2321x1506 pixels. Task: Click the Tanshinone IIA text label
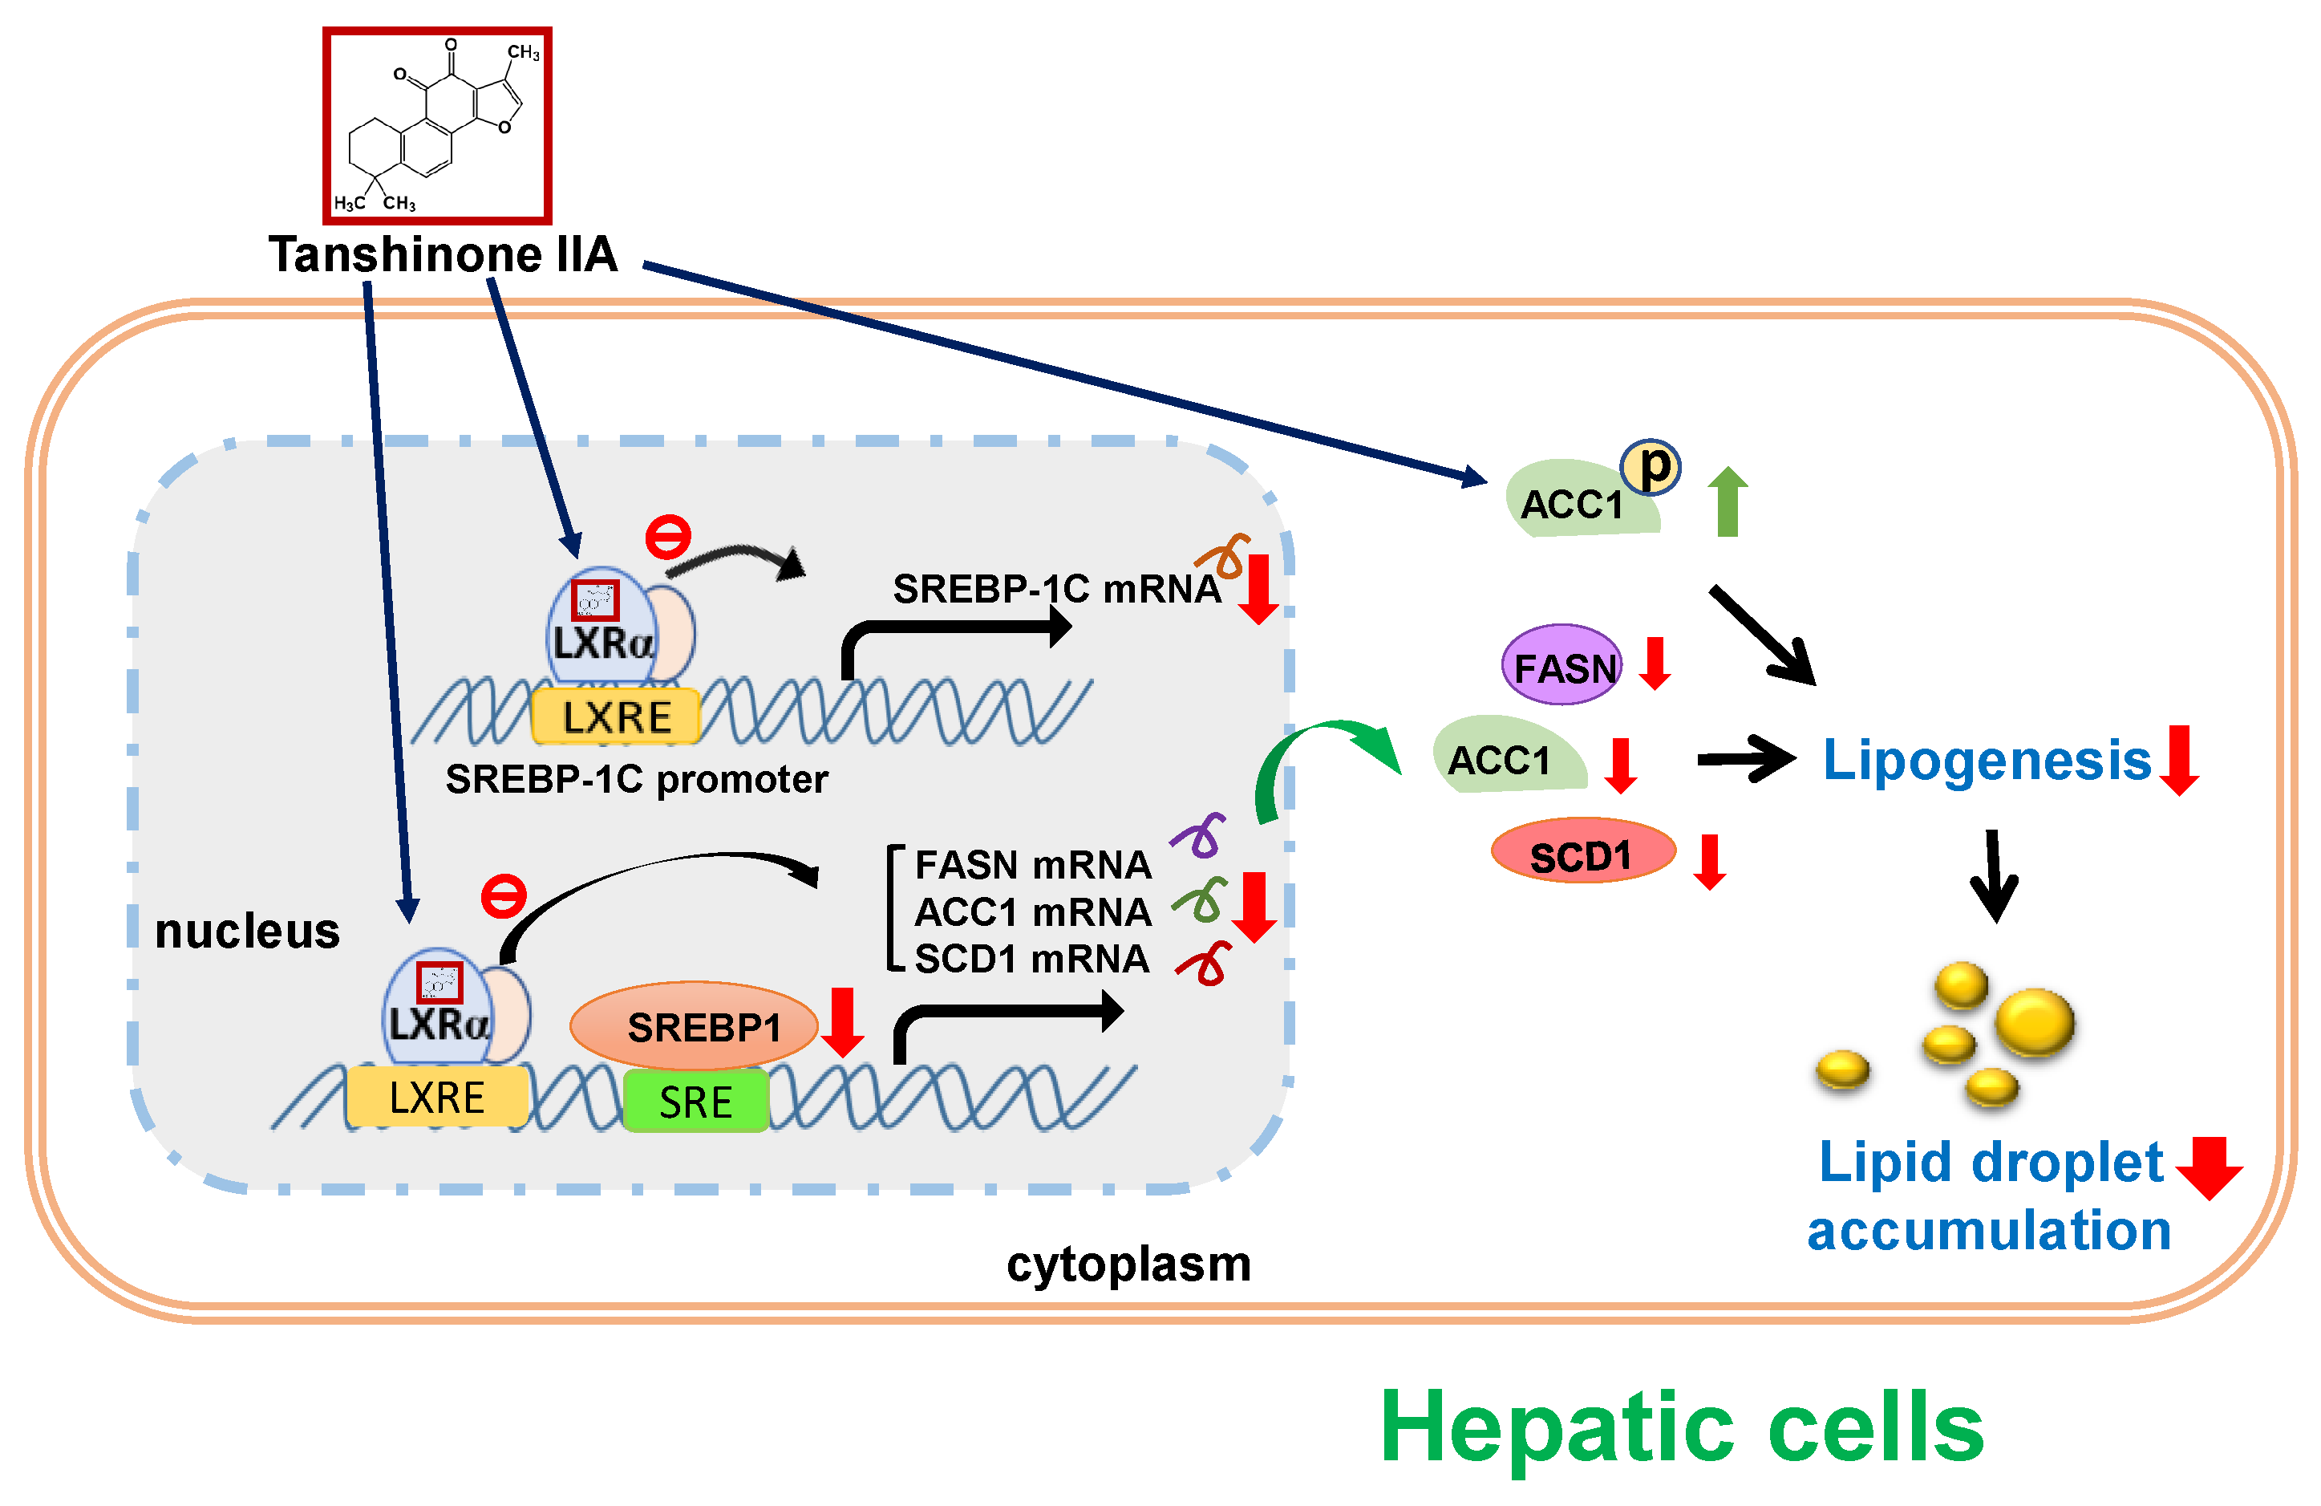443,254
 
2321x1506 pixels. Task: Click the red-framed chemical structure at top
437,125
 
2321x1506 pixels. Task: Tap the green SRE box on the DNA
695,1101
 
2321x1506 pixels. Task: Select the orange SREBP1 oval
694,1026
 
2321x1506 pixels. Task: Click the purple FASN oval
1562,666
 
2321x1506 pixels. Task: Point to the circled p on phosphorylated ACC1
1650,467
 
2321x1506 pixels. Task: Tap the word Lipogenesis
1987,761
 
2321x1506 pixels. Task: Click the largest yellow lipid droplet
2035,1021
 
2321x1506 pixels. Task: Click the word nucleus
247,931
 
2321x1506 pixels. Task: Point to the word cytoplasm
1128,1264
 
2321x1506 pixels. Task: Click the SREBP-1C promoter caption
636,779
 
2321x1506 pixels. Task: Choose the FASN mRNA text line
1033,865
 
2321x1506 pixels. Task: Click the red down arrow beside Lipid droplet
2209,1167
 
